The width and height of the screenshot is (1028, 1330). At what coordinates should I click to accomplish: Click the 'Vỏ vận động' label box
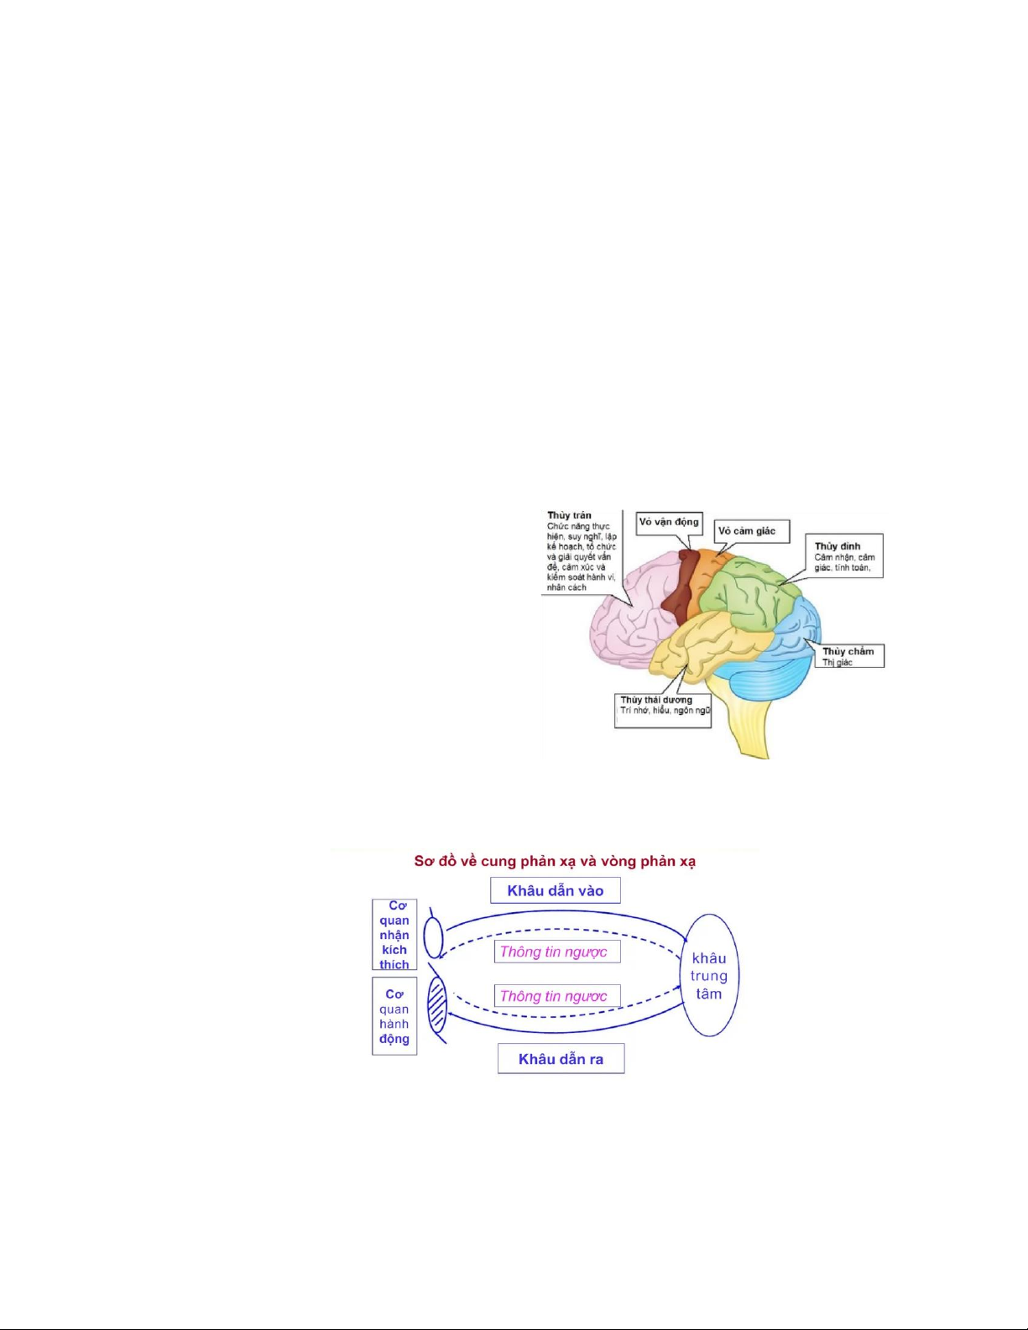click(668, 522)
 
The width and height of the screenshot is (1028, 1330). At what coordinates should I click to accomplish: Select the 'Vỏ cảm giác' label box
click(752, 531)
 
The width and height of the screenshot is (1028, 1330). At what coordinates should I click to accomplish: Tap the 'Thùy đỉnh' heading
click(837, 546)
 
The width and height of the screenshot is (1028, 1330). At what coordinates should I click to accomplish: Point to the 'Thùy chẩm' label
click(848, 651)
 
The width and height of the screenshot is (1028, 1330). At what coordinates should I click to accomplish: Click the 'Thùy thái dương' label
click(656, 700)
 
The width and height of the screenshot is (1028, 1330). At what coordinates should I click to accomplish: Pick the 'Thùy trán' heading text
click(569, 515)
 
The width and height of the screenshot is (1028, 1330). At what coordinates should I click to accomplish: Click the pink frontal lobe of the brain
click(625, 621)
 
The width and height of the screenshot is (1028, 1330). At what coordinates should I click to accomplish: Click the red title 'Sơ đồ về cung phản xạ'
click(555, 862)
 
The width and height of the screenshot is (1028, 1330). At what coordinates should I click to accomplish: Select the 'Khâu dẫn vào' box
click(555, 891)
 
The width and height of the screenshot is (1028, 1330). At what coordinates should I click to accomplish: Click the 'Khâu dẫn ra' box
click(561, 1059)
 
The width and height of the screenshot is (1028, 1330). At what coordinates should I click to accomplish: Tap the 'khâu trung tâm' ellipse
click(709, 976)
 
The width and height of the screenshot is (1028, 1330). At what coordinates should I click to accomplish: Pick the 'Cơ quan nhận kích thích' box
click(394, 935)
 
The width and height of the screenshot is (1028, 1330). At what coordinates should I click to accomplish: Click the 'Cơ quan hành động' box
click(394, 1016)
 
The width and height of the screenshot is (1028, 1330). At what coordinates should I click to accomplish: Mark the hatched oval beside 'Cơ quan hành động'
click(437, 1007)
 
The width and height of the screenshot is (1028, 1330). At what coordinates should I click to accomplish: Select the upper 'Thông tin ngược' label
click(554, 952)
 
